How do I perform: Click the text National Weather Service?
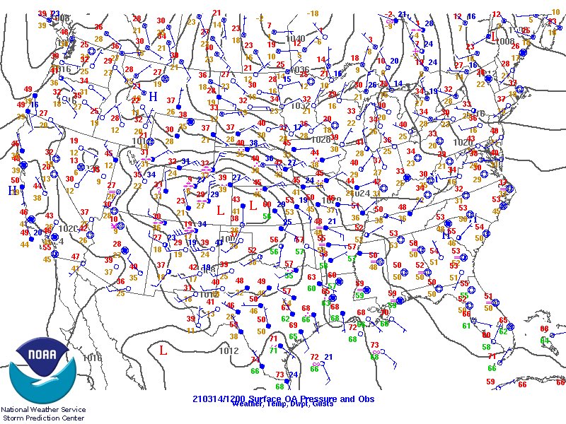click(43, 409)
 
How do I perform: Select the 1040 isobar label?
click(296, 39)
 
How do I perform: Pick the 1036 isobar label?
click(300, 70)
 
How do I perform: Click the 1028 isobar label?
click(321, 139)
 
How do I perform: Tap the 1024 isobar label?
click(361, 193)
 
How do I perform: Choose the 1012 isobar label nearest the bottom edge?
click(229, 350)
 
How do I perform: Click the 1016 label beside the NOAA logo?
click(92, 358)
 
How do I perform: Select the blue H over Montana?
click(153, 96)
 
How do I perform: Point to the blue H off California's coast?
click(12, 190)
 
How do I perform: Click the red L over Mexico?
click(163, 349)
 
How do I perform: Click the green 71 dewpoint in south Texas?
click(273, 351)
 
